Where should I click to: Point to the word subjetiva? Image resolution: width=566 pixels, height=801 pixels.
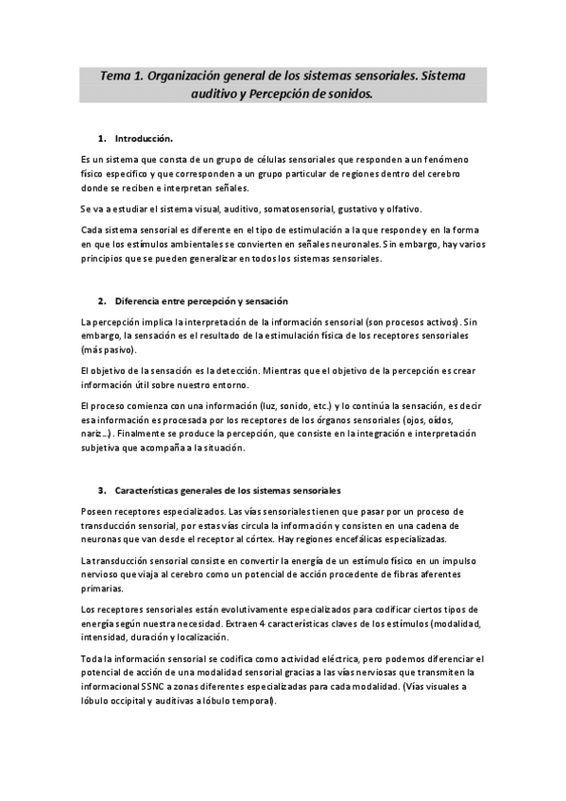[102, 448]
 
